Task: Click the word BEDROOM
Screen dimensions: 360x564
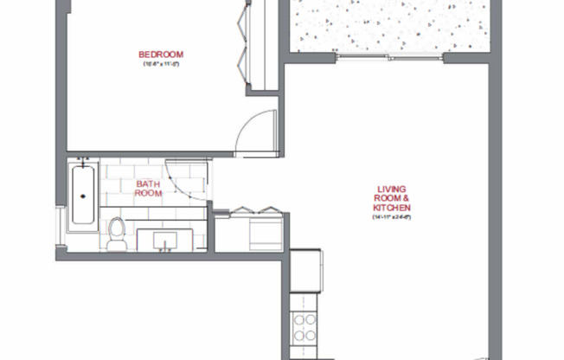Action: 163,55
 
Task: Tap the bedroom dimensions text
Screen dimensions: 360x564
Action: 163,65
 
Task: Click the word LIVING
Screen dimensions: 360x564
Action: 392,190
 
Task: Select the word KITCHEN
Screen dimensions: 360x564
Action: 392,209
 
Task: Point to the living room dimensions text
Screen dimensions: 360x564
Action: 392,218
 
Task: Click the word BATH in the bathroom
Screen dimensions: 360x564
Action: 148,184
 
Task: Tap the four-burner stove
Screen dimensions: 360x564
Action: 304,327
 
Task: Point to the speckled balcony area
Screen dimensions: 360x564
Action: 389,26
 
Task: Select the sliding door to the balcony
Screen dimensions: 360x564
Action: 389,58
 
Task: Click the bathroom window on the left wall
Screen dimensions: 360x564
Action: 58,229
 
